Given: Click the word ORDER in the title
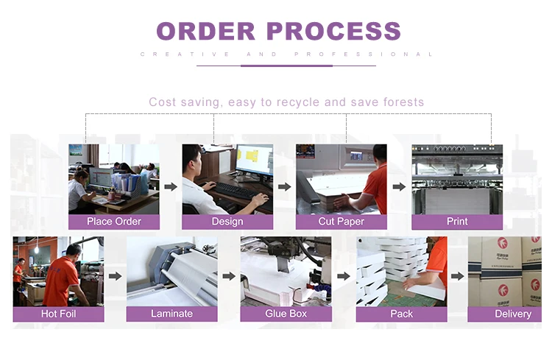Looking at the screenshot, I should point(205,31).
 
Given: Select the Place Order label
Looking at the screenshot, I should point(113,222).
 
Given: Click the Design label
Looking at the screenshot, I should point(227,222).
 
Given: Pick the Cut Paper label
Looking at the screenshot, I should point(341,222).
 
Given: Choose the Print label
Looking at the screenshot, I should point(457,222).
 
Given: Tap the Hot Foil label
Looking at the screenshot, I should point(58,314).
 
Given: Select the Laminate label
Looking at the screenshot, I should point(171,314).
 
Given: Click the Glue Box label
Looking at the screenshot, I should point(286,314).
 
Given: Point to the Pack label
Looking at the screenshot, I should point(401,314).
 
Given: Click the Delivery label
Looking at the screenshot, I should point(512,314).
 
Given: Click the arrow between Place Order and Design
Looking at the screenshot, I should point(170,187).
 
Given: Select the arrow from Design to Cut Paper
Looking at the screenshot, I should point(284,187).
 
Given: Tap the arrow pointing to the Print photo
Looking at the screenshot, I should point(399,187).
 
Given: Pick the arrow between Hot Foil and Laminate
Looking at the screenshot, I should point(115,277).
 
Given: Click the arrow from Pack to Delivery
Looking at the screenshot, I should point(457,277).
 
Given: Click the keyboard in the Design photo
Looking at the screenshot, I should point(233,189).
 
